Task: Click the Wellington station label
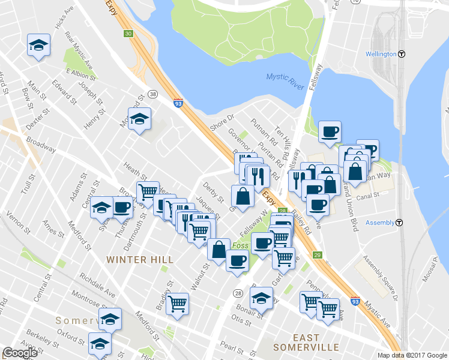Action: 381,54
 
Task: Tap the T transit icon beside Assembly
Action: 400,223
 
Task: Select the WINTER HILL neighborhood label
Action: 140,260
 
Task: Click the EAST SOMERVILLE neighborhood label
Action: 306,343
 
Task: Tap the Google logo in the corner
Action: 20,352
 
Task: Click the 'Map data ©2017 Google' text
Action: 412,355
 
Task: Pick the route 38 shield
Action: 153,94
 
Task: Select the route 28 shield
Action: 238,293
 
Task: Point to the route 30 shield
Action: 128,34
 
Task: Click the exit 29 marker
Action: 318,255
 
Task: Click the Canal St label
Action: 368,196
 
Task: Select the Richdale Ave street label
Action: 97,282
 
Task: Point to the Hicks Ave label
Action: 63,20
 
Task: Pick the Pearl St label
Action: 231,347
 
